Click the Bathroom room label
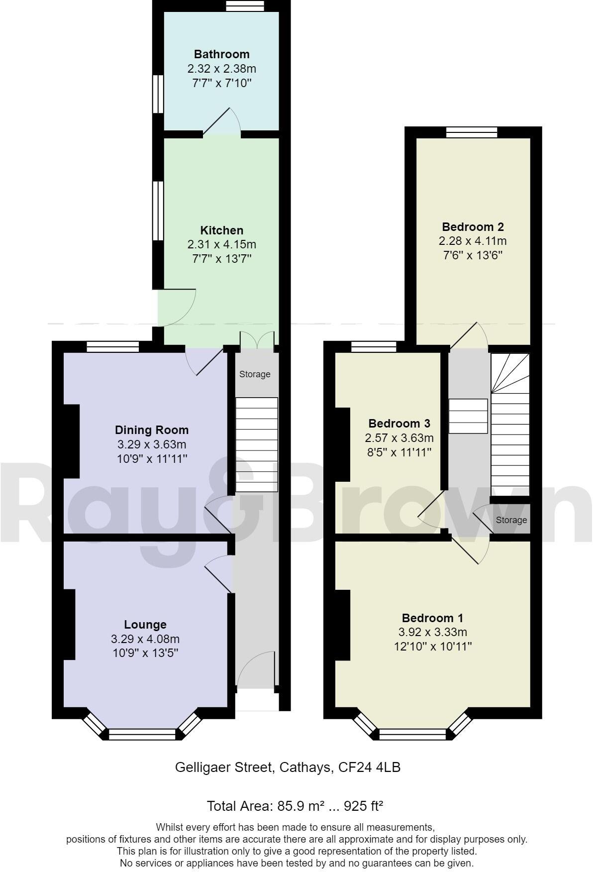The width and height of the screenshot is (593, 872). click(221, 54)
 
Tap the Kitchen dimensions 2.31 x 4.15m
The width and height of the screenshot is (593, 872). click(221, 244)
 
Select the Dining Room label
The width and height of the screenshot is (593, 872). click(152, 430)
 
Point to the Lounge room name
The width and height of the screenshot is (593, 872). click(145, 625)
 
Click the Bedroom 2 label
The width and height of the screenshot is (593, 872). click(473, 227)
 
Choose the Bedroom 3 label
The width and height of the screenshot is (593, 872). click(399, 424)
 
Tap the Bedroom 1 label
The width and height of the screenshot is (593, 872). click(432, 618)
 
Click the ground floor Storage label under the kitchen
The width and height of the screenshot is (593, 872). click(255, 374)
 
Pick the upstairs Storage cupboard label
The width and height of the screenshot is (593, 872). click(511, 520)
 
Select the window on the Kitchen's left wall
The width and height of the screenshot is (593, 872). click(158, 211)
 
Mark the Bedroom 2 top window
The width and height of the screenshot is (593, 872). click(472, 132)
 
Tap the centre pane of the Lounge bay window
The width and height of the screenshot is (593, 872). click(142, 734)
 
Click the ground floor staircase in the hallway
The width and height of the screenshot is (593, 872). click(256, 444)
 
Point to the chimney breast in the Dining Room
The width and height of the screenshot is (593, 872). click(71, 441)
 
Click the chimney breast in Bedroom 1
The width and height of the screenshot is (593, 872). click(342, 625)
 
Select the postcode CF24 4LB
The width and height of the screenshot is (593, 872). click(369, 767)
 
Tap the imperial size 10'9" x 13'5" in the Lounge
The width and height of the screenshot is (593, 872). click(145, 653)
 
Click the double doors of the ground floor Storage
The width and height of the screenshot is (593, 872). click(257, 341)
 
